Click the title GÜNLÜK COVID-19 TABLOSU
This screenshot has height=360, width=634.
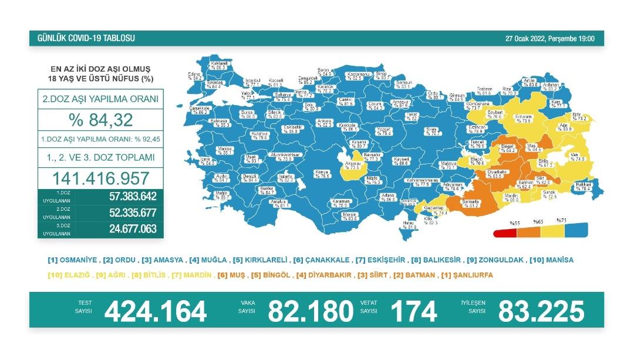pos(86,39)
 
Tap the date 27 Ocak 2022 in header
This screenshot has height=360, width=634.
pos(525,39)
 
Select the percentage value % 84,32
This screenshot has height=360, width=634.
pos(100,120)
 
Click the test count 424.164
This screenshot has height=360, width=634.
pos(156,311)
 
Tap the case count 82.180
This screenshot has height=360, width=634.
pos(311,311)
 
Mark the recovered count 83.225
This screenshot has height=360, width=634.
pos(541,311)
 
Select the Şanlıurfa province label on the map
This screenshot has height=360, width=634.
pos(470,203)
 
